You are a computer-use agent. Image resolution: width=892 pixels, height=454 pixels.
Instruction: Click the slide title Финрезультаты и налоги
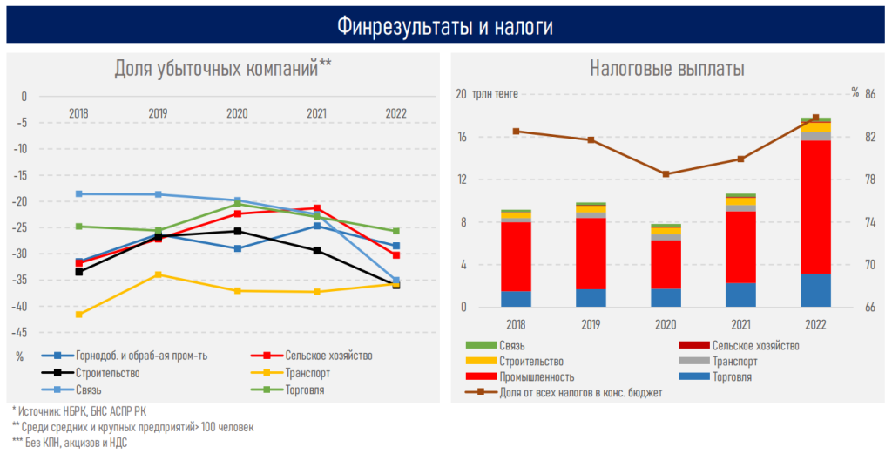coord(445,27)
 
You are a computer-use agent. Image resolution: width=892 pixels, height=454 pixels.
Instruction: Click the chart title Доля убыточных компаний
coord(222,69)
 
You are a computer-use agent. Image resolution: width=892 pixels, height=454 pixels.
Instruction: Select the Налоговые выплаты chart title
coord(666,69)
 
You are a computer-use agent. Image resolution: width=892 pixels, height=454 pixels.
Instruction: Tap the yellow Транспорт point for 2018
coord(78,314)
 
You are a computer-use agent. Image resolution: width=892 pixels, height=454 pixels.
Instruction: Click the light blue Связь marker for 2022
coord(395,281)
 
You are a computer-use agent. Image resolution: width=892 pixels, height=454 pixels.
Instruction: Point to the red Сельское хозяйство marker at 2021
coord(317,208)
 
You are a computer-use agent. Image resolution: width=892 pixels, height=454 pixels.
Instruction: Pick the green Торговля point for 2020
coord(237,204)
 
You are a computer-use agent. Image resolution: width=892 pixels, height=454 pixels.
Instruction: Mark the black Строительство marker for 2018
coord(78,272)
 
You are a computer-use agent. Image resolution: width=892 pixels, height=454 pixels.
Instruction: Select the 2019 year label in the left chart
coord(158,113)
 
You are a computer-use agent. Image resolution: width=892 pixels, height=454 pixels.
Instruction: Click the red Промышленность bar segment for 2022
coord(815,207)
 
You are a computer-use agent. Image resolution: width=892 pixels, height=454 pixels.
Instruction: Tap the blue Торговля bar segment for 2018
coord(516,299)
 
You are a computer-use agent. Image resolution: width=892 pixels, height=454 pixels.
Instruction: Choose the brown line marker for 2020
coord(666,174)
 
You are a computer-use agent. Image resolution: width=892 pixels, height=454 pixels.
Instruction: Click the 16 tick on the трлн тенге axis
coord(462,137)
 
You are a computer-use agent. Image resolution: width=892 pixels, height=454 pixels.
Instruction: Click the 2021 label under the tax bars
coord(740,324)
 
